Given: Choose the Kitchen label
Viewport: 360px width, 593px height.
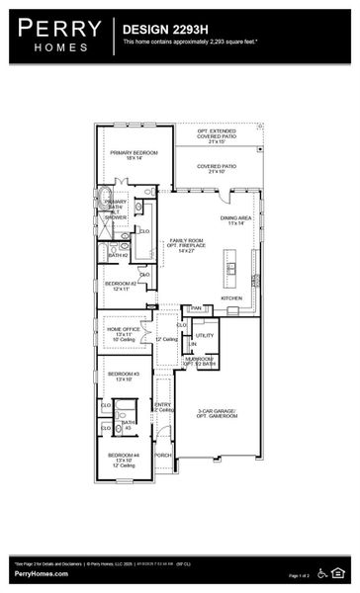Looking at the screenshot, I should (x=231, y=297).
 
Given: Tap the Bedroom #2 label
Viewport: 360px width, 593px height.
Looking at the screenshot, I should (x=121, y=286).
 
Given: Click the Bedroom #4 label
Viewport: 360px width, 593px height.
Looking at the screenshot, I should (x=124, y=458).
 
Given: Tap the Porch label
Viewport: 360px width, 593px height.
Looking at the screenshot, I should (x=163, y=456).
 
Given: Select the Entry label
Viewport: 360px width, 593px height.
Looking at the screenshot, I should (x=163, y=405).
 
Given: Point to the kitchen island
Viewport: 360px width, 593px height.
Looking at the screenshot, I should (x=232, y=264).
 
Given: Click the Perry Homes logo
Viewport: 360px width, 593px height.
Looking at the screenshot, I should (x=56, y=35).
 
